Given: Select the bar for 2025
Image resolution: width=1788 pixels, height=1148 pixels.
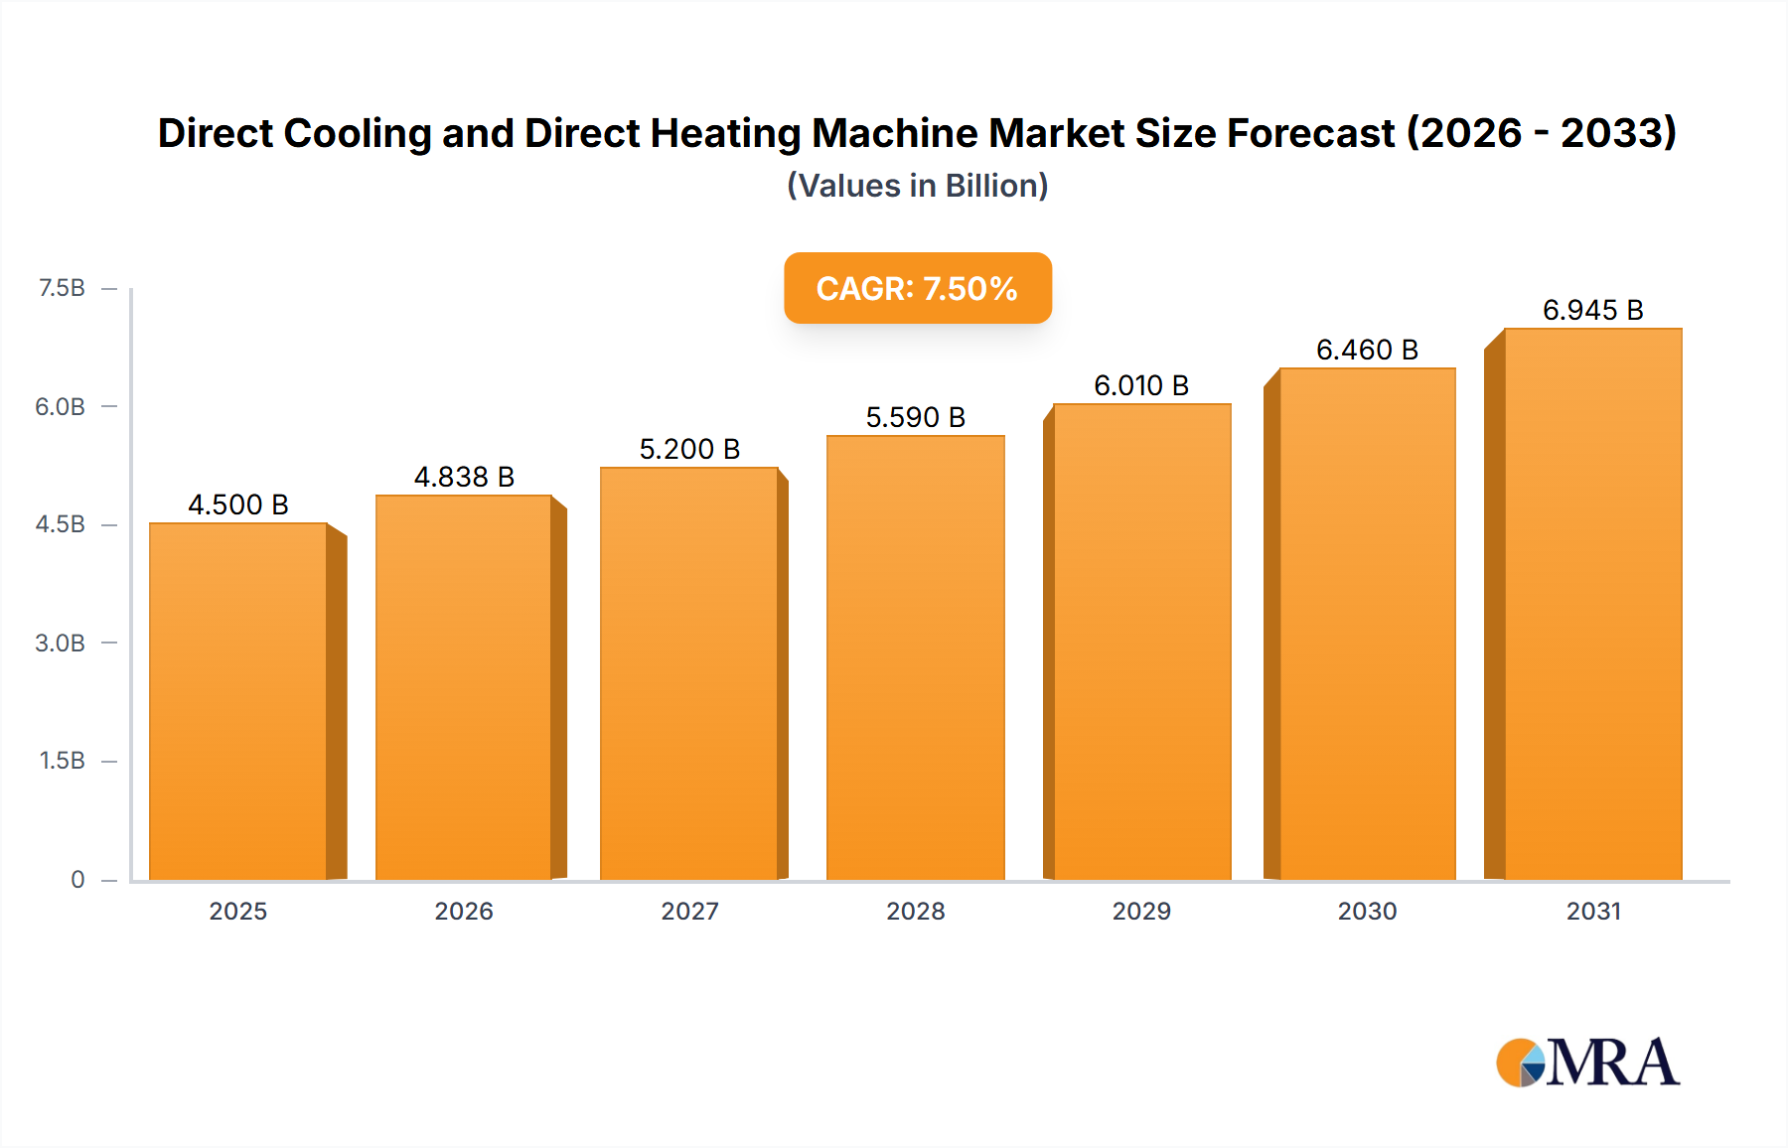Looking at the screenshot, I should [238, 701].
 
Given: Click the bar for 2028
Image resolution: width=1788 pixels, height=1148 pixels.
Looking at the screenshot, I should [915, 657].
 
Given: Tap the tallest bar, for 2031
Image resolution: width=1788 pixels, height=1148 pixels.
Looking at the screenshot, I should [1592, 604].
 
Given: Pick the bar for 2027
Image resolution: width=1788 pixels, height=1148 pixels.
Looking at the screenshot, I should [688, 673].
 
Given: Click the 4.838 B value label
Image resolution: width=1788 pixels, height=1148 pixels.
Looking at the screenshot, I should [464, 478].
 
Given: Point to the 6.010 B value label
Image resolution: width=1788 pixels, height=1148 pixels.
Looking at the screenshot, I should [1141, 385].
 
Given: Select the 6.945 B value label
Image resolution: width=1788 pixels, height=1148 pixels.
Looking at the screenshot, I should [1592, 311].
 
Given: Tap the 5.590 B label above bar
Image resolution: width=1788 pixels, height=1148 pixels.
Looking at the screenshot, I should [915, 417].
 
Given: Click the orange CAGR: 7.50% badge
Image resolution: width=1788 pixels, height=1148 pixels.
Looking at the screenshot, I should [917, 288].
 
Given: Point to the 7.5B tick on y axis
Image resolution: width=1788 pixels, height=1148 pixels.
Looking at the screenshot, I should [62, 288].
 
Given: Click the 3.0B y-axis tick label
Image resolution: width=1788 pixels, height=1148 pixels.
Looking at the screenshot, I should [61, 643].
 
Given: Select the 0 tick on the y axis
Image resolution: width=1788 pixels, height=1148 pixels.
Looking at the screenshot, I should [77, 879].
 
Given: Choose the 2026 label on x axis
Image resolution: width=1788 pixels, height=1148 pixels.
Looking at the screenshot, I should [464, 911].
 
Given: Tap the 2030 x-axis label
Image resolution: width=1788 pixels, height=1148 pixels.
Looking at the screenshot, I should [1367, 911].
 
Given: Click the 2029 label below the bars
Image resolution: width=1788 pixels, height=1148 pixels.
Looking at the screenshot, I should [1141, 911].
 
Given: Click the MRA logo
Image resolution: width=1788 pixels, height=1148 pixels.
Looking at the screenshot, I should [1587, 1063].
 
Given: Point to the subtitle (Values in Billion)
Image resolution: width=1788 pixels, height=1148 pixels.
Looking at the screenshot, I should [917, 186].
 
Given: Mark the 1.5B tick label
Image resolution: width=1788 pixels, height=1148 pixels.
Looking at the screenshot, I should [62, 761].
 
